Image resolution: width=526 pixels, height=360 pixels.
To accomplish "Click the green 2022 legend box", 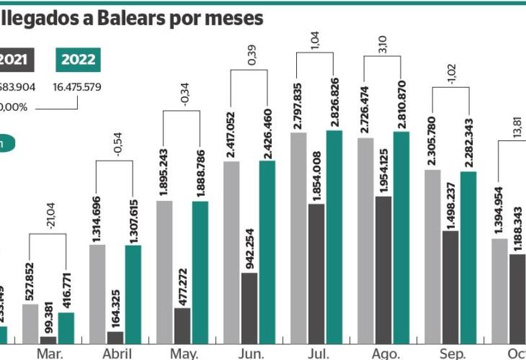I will [77, 60].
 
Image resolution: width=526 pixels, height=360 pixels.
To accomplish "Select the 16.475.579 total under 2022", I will [77, 87].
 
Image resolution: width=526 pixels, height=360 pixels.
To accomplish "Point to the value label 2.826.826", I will [334, 98].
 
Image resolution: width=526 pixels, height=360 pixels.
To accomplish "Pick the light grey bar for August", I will [366, 238].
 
